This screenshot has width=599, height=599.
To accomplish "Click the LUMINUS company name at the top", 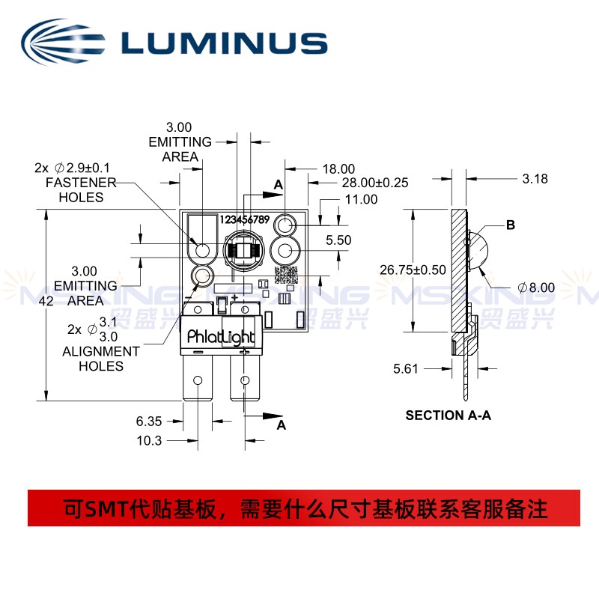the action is tap(224, 43).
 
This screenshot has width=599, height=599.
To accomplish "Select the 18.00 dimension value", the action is tap(338, 169).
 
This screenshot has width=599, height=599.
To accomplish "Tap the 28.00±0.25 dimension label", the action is tap(375, 183).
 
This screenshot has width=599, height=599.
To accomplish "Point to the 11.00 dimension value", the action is tap(361, 199).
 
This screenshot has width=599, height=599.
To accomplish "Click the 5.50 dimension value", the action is tap(338, 240).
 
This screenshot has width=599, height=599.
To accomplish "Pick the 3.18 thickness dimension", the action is tap(535, 178).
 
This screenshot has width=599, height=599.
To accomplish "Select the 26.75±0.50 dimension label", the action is tap(413, 270).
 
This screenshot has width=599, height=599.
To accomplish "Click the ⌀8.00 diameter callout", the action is tap(536, 288).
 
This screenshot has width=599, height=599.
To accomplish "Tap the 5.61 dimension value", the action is tap(406, 368).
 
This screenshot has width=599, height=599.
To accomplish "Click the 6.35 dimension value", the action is tap(149, 421).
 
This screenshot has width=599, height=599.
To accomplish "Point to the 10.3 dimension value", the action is tap(149, 440).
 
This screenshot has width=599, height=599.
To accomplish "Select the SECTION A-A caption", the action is tap(448, 416).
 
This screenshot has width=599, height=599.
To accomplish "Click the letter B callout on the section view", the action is tap(511, 225).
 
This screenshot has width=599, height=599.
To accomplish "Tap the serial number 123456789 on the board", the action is tap(245, 219).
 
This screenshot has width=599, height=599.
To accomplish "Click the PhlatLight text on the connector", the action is tap(221, 337).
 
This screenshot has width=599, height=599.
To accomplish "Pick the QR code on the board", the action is tap(286, 275).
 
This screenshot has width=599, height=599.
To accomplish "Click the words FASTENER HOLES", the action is tap(81, 190).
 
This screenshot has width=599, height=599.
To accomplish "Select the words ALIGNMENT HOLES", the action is tap(101, 359).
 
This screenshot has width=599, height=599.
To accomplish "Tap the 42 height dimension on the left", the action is tap(46, 301).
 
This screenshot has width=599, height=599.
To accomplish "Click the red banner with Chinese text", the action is tap(304, 508).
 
